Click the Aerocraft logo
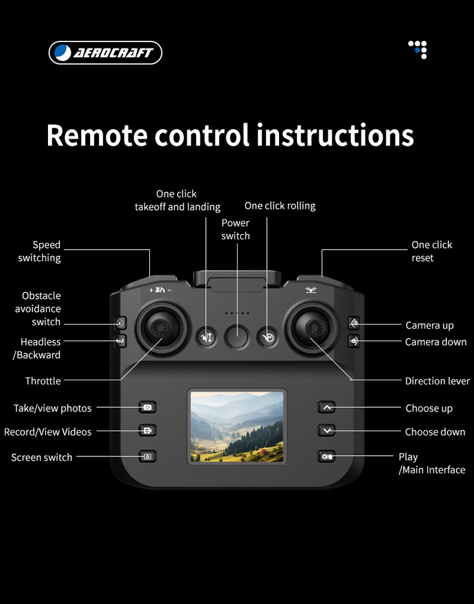105,53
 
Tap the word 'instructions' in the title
335,135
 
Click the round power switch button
236,338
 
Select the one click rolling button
268,338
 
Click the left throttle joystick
159,327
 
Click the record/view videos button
148,431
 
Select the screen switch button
148,456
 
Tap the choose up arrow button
326,408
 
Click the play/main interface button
326,456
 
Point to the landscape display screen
237,426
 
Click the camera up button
355,324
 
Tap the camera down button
355,341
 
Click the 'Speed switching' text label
40,251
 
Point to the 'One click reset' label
431,251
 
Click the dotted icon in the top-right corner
418,50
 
